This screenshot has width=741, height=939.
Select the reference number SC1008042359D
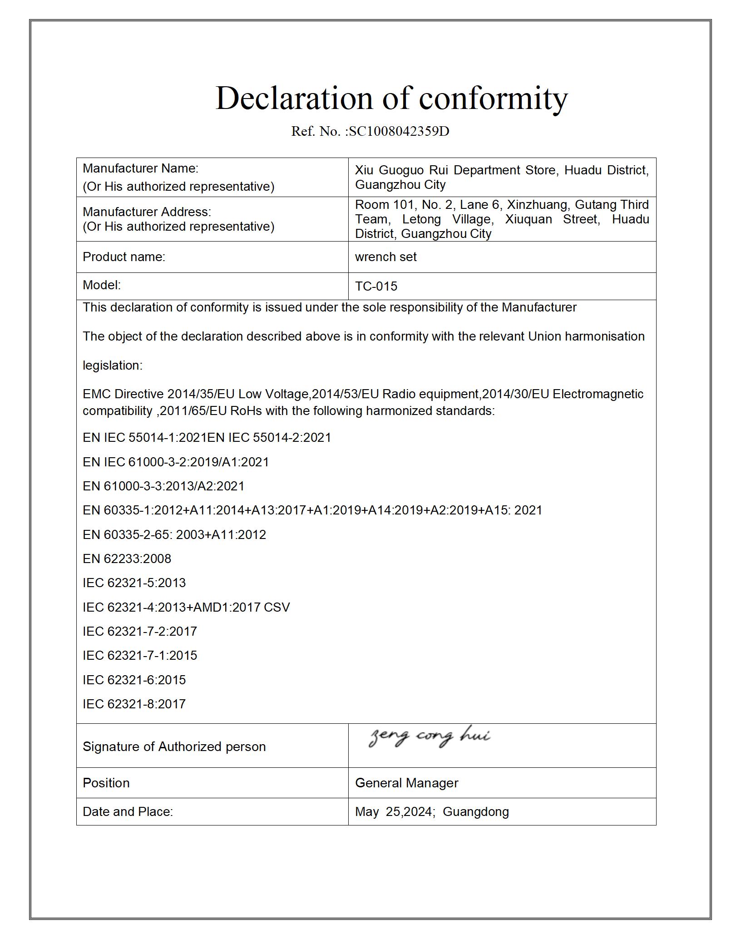point(399,131)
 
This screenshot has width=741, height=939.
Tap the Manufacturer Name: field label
point(140,168)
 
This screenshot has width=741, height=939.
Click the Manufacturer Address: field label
point(147,212)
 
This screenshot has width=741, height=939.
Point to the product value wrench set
point(385,257)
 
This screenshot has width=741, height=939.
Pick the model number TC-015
point(376,286)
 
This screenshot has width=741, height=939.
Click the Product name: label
point(124,257)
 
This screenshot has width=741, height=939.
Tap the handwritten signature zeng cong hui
point(429,736)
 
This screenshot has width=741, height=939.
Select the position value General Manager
point(406,783)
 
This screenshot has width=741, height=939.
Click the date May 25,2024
point(394,812)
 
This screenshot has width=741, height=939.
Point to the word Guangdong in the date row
point(475,812)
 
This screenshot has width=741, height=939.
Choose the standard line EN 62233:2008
point(127,558)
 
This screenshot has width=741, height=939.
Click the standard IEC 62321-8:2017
point(134,704)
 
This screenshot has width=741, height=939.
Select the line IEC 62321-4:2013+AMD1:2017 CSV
point(186,607)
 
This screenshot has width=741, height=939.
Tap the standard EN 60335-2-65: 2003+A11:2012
point(174,534)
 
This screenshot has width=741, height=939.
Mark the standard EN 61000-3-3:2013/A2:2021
point(163,486)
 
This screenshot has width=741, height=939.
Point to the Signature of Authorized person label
point(174,746)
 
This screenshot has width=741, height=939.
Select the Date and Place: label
point(128,812)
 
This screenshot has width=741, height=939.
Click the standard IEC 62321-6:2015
point(134,680)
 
